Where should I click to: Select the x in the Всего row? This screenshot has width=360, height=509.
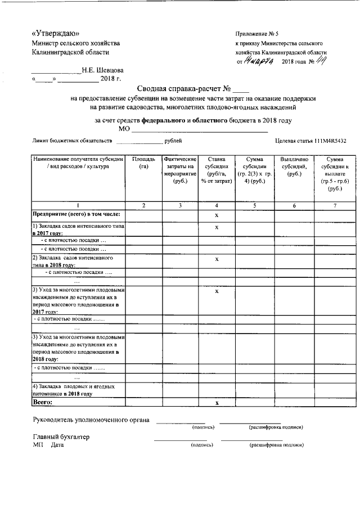tap(217, 403)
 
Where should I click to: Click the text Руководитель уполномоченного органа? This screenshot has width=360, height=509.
tap(90, 420)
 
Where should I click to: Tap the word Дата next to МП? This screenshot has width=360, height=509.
tap(57, 445)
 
